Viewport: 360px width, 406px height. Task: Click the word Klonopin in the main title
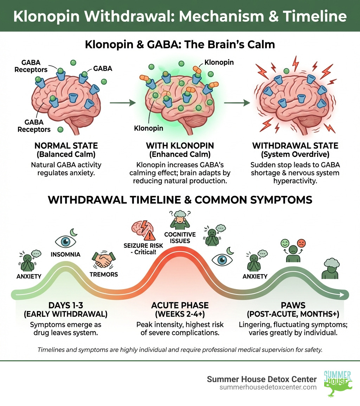(46, 16)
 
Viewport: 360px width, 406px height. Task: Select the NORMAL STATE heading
(66, 145)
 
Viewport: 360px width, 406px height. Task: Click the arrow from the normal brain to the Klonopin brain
(122, 103)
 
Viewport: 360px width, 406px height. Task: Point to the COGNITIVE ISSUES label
(180, 237)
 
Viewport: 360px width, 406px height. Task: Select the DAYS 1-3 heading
(66, 305)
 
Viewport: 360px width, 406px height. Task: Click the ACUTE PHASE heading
(180, 305)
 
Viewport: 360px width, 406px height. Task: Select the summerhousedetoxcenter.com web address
(268, 387)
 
